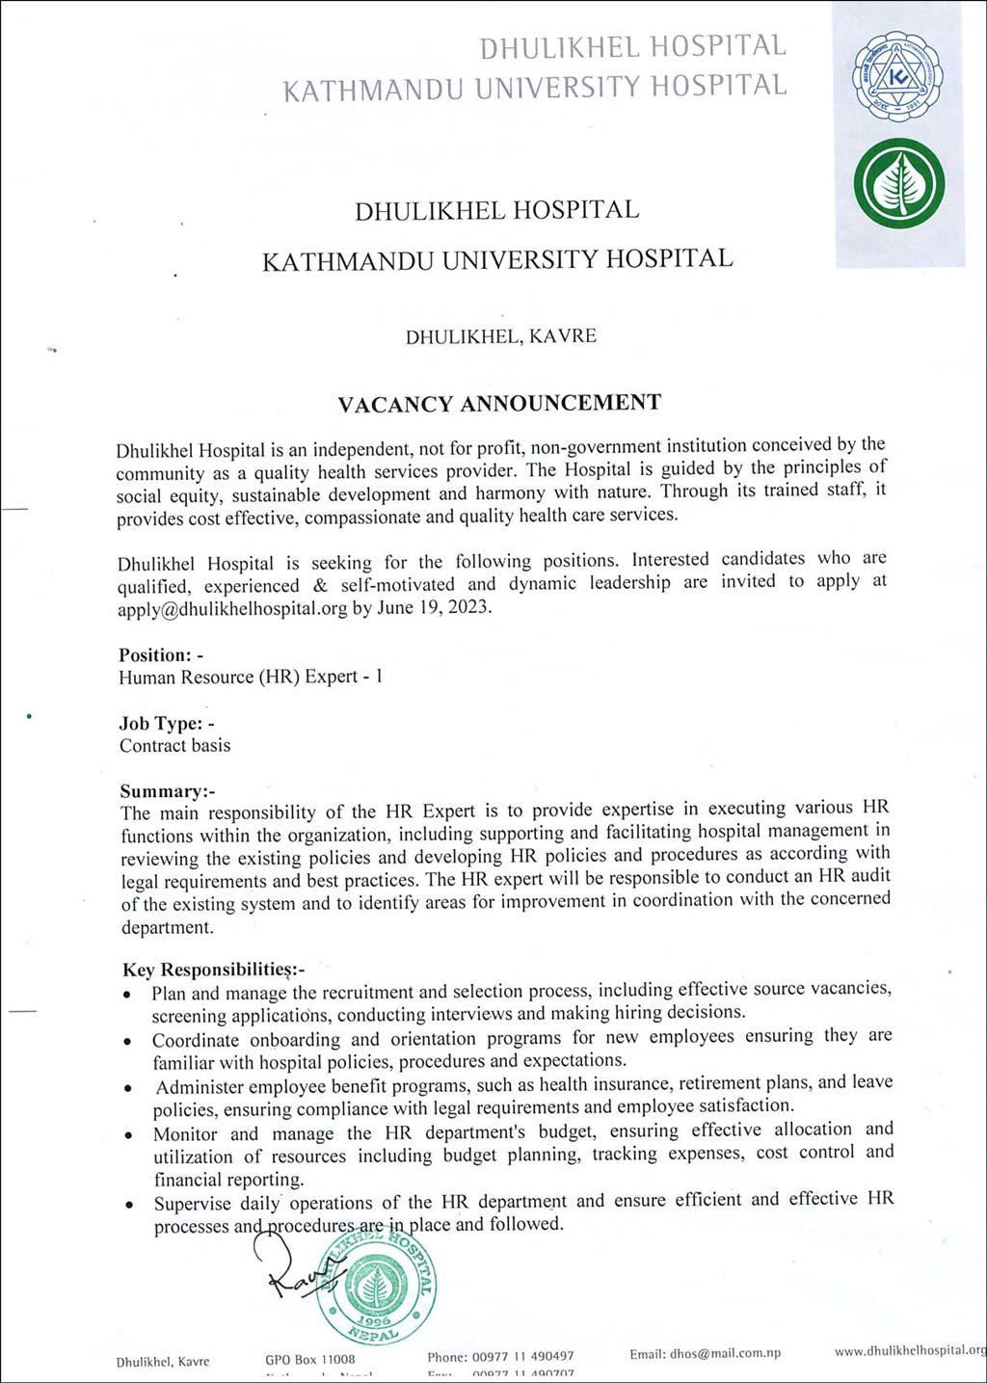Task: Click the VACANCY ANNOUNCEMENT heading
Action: click(x=499, y=403)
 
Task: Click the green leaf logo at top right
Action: click(x=898, y=183)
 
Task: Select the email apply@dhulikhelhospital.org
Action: click(x=232, y=609)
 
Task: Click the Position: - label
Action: click(x=161, y=655)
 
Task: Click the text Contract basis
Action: click(x=175, y=746)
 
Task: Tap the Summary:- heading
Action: click(x=168, y=791)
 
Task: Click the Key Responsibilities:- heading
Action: click(x=213, y=970)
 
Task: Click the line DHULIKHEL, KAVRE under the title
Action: click(x=500, y=336)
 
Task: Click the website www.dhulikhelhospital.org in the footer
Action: click(x=910, y=1351)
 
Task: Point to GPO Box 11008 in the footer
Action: click(x=309, y=1359)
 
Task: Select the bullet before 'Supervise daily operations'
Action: click(x=129, y=1206)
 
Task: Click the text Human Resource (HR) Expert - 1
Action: click(x=251, y=678)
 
